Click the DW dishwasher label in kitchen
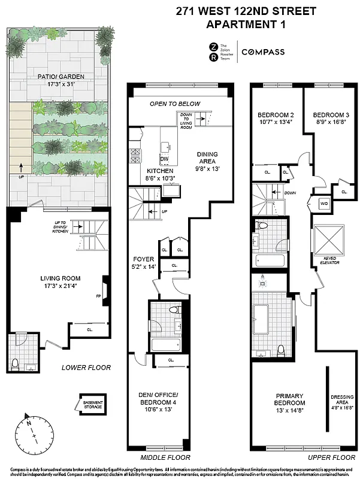[x=164, y=159]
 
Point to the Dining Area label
[x=207, y=158]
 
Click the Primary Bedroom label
[x=290, y=399]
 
